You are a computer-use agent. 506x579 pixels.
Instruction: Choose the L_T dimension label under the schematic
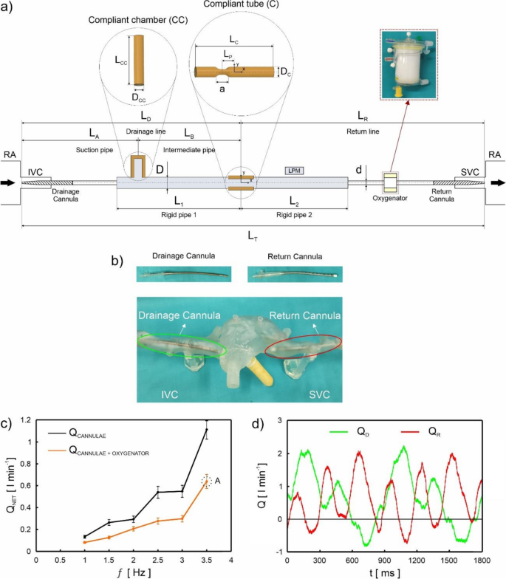pos(253,233)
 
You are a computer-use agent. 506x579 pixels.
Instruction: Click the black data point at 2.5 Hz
pos(157,492)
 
